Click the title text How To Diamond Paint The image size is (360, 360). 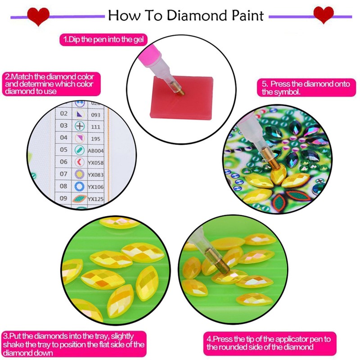[x=185, y=16]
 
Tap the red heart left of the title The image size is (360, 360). [x=38, y=16]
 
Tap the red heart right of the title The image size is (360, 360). [x=323, y=15]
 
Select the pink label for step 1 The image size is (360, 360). [x=103, y=40]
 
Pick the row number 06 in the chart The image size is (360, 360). [x=63, y=162]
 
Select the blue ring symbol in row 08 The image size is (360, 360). [x=79, y=186]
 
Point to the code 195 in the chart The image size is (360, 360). [x=95, y=139]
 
